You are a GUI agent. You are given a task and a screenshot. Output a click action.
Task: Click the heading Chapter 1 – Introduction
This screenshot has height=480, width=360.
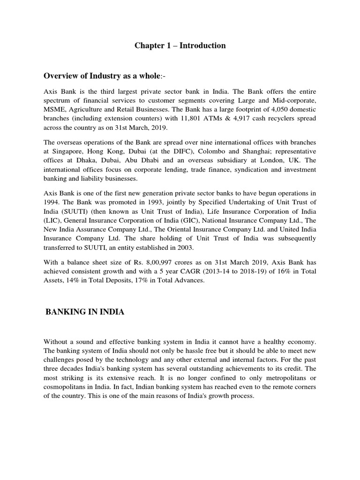coord(180,45)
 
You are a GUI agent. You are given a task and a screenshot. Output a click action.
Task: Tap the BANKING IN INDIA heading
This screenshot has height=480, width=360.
coord(85,312)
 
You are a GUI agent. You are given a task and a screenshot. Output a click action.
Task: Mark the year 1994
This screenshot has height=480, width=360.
coord(51,202)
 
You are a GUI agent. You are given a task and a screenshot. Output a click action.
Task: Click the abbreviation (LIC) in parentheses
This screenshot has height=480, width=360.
coord(52,220)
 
